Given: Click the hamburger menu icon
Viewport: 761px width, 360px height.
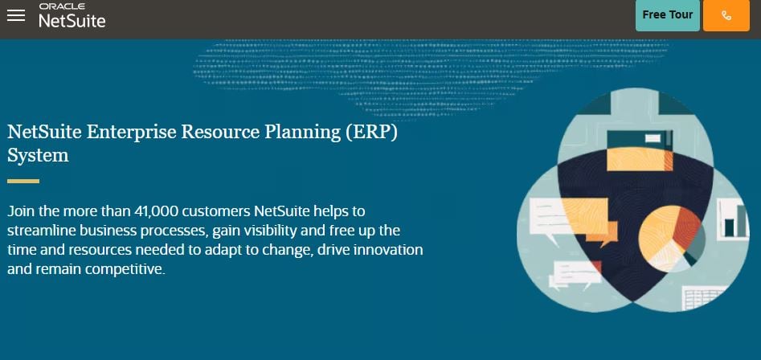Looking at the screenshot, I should coord(16,15).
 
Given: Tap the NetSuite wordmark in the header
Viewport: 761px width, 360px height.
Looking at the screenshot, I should coord(72,21).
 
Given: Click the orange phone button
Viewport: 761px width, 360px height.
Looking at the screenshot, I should coord(726,15).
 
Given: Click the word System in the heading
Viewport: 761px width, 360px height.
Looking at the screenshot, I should coord(38,155).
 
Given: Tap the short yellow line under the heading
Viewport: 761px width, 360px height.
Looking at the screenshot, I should coord(23,181).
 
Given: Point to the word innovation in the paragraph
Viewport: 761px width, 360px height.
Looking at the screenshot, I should coord(387,250).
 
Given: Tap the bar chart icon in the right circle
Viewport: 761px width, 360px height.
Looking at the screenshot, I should coord(734,217).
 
